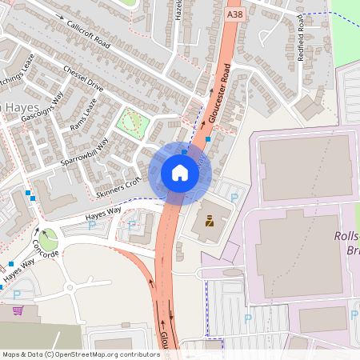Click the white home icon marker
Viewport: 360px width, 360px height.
click(x=180, y=173)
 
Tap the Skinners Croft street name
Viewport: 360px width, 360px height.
click(x=118, y=189)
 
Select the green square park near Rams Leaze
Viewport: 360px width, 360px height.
click(x=131, y=122)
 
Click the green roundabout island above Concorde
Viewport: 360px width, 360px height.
click(x=48, y=238)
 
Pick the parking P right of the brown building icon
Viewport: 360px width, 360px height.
click(x=234, y=198)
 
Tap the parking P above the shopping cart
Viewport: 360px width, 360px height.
click(x=17, y=294)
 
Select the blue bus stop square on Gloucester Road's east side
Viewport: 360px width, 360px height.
click(x=208, y=139)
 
